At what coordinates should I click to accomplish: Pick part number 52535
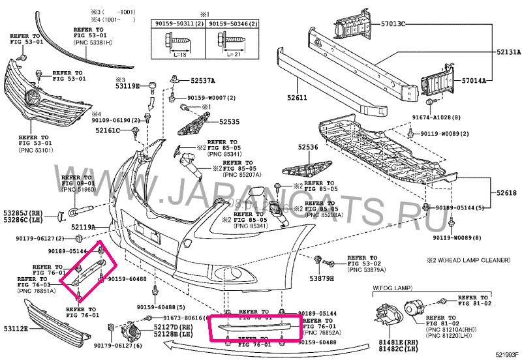[230, 121]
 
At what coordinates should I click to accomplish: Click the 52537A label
[203, 82]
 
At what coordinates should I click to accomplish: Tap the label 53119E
[128, 85]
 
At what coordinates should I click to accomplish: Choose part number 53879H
[321, 278]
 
